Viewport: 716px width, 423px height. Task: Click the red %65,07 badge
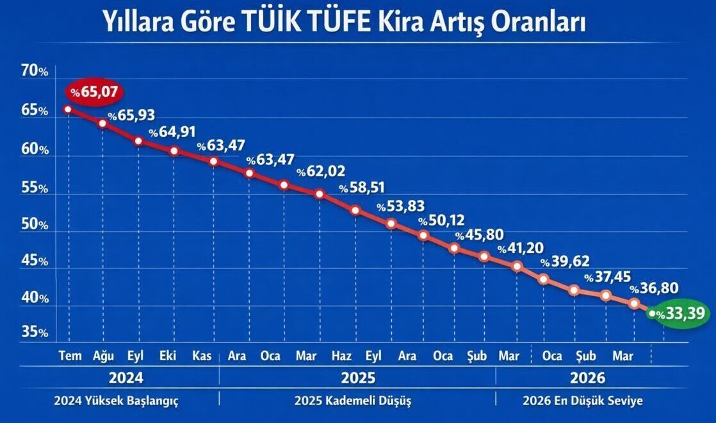coord(94,92)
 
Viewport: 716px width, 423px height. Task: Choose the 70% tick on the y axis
coord(35,71)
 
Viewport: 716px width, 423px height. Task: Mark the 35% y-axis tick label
coord(35,333)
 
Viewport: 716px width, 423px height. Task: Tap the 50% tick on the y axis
coord(35,226)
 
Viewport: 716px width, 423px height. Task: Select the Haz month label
coord(341,356)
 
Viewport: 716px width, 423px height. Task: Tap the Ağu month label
coord(103,356)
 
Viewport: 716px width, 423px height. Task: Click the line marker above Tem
coord(68,109)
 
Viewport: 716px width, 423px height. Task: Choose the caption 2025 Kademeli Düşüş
coord(353,401)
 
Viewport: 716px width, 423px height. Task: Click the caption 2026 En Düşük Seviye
coord(583,401)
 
